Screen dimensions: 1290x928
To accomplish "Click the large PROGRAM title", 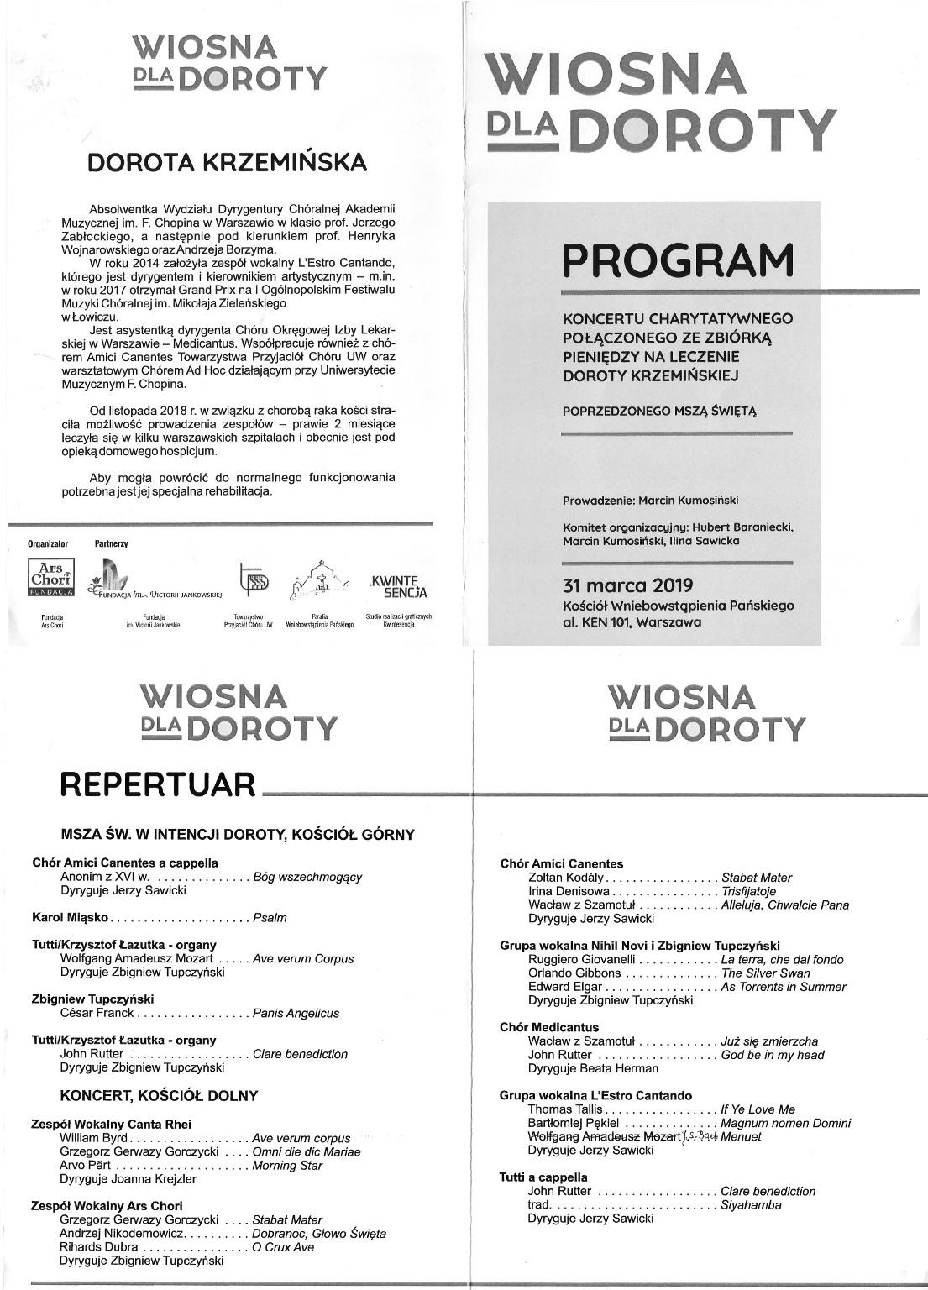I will pyautogui.click(x=678, y=260).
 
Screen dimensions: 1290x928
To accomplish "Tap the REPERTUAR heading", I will pyautogui.click(x=158, y=785).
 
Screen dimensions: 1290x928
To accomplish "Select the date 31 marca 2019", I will pyautogui.click(x=627, y=586).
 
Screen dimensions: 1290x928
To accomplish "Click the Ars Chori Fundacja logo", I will pyautogui.click(x=52, y=580).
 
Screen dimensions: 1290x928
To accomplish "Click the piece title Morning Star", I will pyautogui.click(x=286, y=1165).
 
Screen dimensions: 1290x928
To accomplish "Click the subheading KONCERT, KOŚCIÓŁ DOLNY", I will pyautogui.click(x=159, y=1095).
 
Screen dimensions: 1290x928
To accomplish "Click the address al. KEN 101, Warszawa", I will pyautogui.click(x=632, y=622).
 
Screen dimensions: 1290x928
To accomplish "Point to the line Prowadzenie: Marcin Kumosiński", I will pyautogui.click(x=650, y=501).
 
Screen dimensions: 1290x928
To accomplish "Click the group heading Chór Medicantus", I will pyautogui.click(x=549, y=1027).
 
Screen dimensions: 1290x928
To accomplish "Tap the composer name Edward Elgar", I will pyautogui.click(x=564, y=987).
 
